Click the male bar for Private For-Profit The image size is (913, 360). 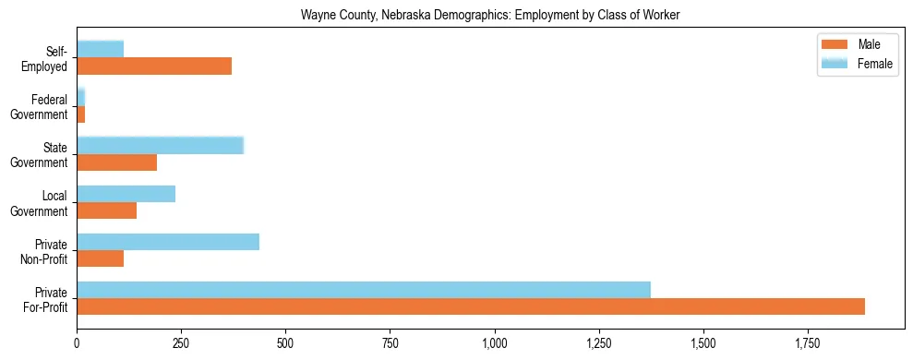click(x=471, y=306)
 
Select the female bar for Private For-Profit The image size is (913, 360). click(x=364, y=290)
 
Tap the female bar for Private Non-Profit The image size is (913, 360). click(x=168, y=242)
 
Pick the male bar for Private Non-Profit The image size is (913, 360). click(x=101, y=258)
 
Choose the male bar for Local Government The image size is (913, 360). click(x=107, y=210)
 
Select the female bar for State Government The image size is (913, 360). click(x=161, y=146)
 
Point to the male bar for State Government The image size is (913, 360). click(x=117, y=162)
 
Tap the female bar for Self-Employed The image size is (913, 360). click(x=101, y=50)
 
